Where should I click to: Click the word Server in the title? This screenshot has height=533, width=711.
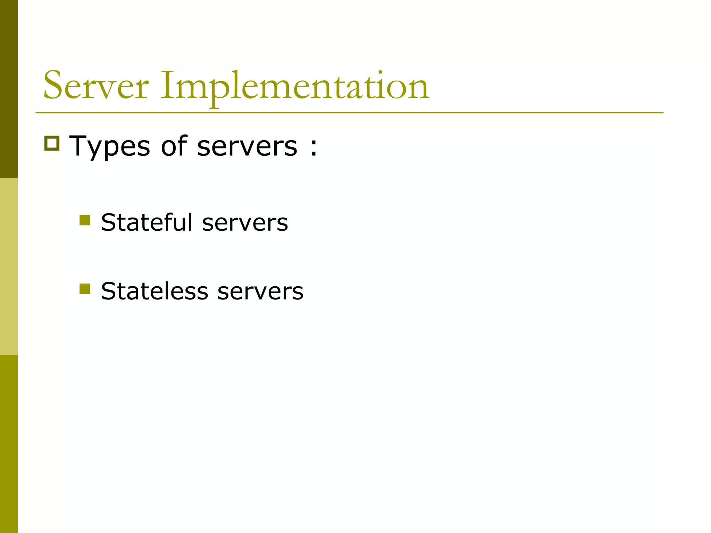[96, 86]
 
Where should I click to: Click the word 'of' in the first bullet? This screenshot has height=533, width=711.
[174, 146]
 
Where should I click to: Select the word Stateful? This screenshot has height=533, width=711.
[147, 222]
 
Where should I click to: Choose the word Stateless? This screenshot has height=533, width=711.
[154, 291]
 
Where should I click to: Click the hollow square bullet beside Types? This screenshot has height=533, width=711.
[52, 143]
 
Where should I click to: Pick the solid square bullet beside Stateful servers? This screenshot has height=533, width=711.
[85, 220]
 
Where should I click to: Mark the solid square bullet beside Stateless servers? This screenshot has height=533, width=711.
[85, 289]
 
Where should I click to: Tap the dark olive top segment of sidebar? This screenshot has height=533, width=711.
[9, 89]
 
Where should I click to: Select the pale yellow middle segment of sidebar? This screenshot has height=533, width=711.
[9, 266]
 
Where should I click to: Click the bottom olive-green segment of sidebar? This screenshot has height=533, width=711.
[9, 444]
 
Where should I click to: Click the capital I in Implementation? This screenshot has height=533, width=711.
[167, 85]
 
